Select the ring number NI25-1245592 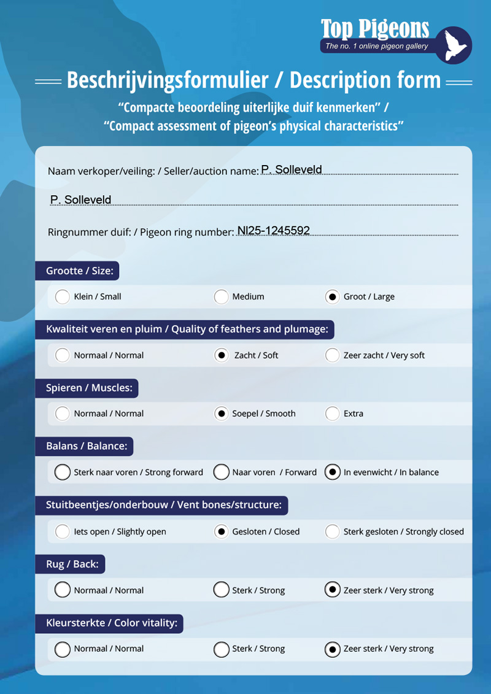coord(274,231)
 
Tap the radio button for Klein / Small coord(63,297)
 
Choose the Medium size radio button coord(221,297)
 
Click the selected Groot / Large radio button coord(332,297)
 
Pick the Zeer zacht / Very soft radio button coord(332,355)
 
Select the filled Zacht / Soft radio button coord(221,355)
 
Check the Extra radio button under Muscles coord(332,414)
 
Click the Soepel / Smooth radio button coord(221,414)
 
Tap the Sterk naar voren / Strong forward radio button coord(63,472)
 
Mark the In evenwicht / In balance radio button coord(332,472)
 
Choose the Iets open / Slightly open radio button coord(63,531)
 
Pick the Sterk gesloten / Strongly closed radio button coord(332,531)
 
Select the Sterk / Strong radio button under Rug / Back coord(221,590)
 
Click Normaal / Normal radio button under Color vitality coord(63,649)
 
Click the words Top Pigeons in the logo coord(374,29)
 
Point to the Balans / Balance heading coord(87,446)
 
